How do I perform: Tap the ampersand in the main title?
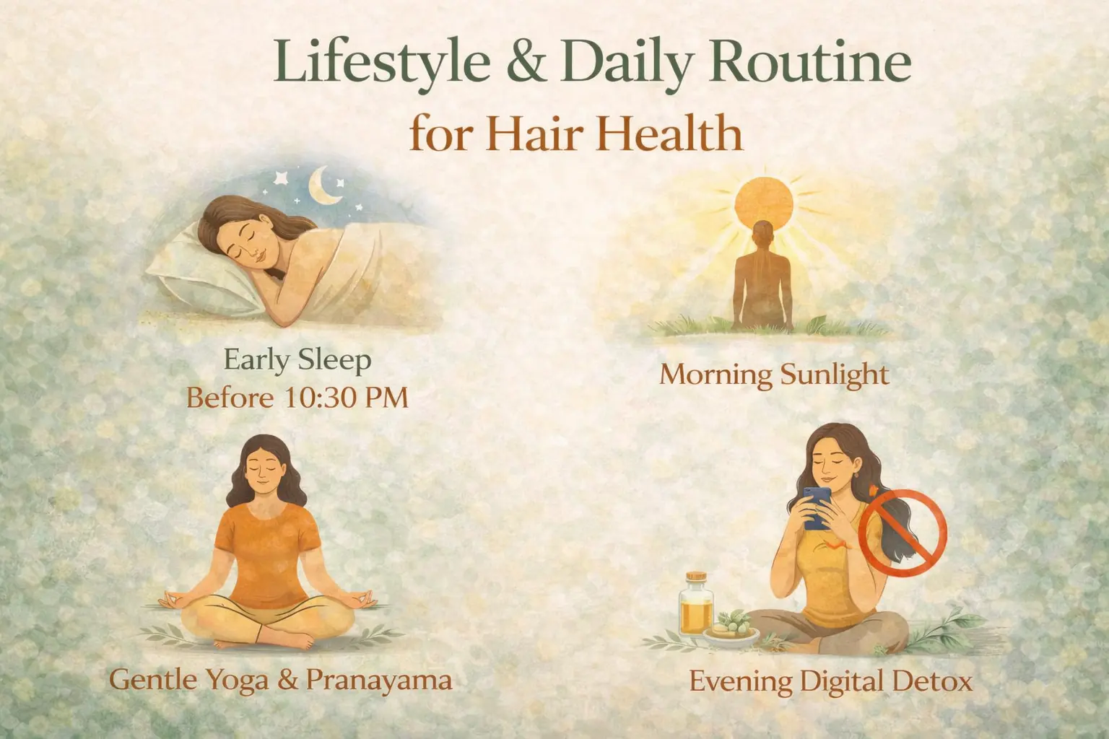coord(524,62)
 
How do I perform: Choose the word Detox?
coord(934,681)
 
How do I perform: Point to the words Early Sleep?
coord(297,360)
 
